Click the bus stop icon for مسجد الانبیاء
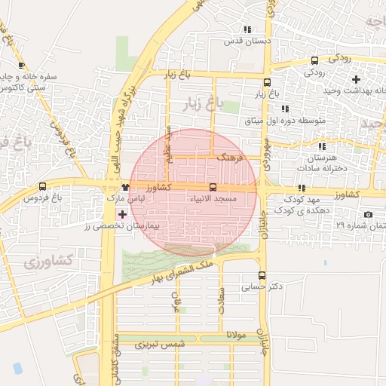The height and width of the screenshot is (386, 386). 213,187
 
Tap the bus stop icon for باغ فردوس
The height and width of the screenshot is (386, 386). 42,187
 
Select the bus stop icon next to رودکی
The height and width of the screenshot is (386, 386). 314,61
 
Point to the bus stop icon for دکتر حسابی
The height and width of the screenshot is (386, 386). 262,276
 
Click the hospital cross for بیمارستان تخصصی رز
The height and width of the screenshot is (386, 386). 112,215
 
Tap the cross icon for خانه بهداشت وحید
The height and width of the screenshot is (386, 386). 356,78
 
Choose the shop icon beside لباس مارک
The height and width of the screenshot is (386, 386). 125,186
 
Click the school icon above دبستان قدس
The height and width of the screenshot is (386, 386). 247,29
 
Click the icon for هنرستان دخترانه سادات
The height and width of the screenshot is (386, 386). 323,146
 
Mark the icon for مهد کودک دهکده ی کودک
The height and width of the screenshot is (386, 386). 302,188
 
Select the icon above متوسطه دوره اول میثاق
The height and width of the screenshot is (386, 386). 285,109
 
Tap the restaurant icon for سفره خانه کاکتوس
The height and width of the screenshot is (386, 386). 21,66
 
